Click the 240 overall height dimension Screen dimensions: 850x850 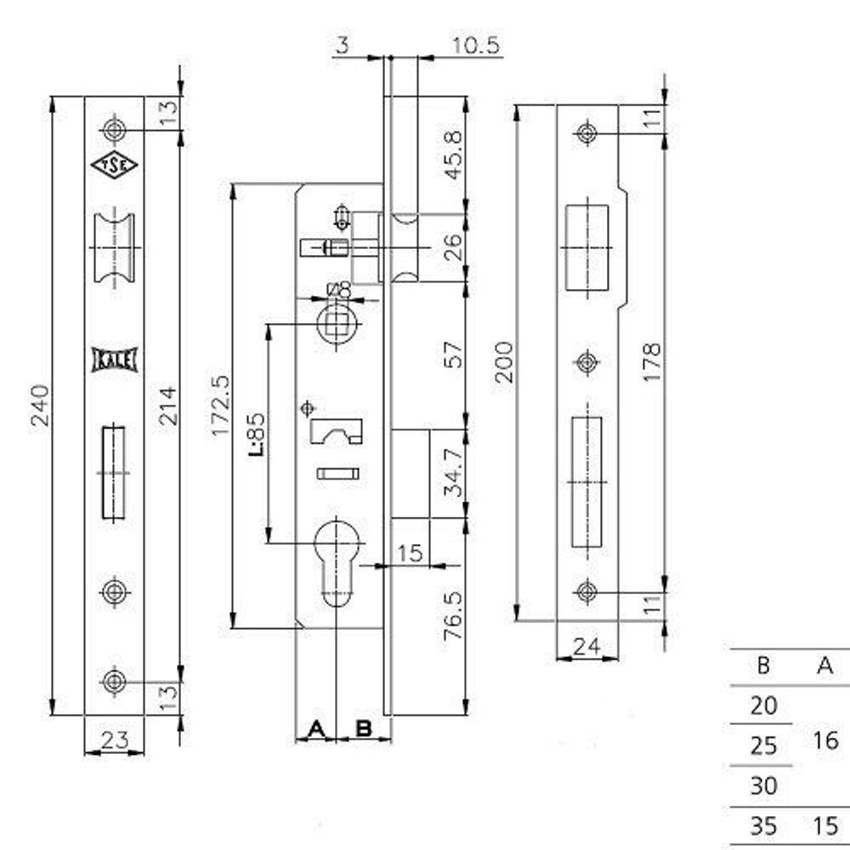(40, 406)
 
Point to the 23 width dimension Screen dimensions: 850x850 (114, 740)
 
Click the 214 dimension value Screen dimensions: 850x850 (167, 406)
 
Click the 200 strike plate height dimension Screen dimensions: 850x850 (504, 362)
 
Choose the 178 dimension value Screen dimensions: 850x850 (651, 362)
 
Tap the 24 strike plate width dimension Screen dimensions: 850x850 (586, 648)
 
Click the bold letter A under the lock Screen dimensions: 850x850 (315, 728)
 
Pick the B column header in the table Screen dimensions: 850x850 (762, 666)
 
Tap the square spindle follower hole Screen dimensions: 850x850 (337, 322)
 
